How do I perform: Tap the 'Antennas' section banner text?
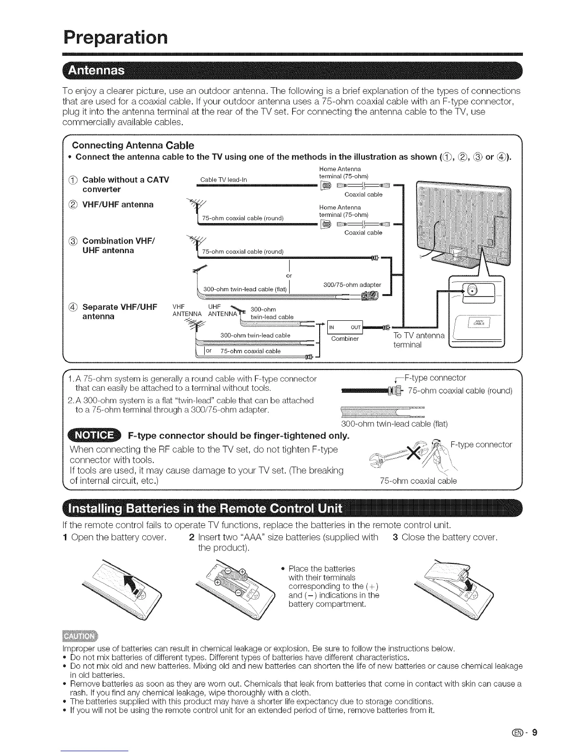click(x=97, y=71)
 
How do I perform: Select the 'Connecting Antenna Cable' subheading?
click(x=133, y=145)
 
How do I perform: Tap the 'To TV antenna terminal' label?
click(x=418, y=340)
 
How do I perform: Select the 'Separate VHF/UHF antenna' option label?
click(x=120, y=312)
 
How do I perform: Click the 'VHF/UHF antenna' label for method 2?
click(x=118, y=204)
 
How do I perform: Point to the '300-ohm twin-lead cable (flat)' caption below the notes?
click(x=395, y=424)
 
